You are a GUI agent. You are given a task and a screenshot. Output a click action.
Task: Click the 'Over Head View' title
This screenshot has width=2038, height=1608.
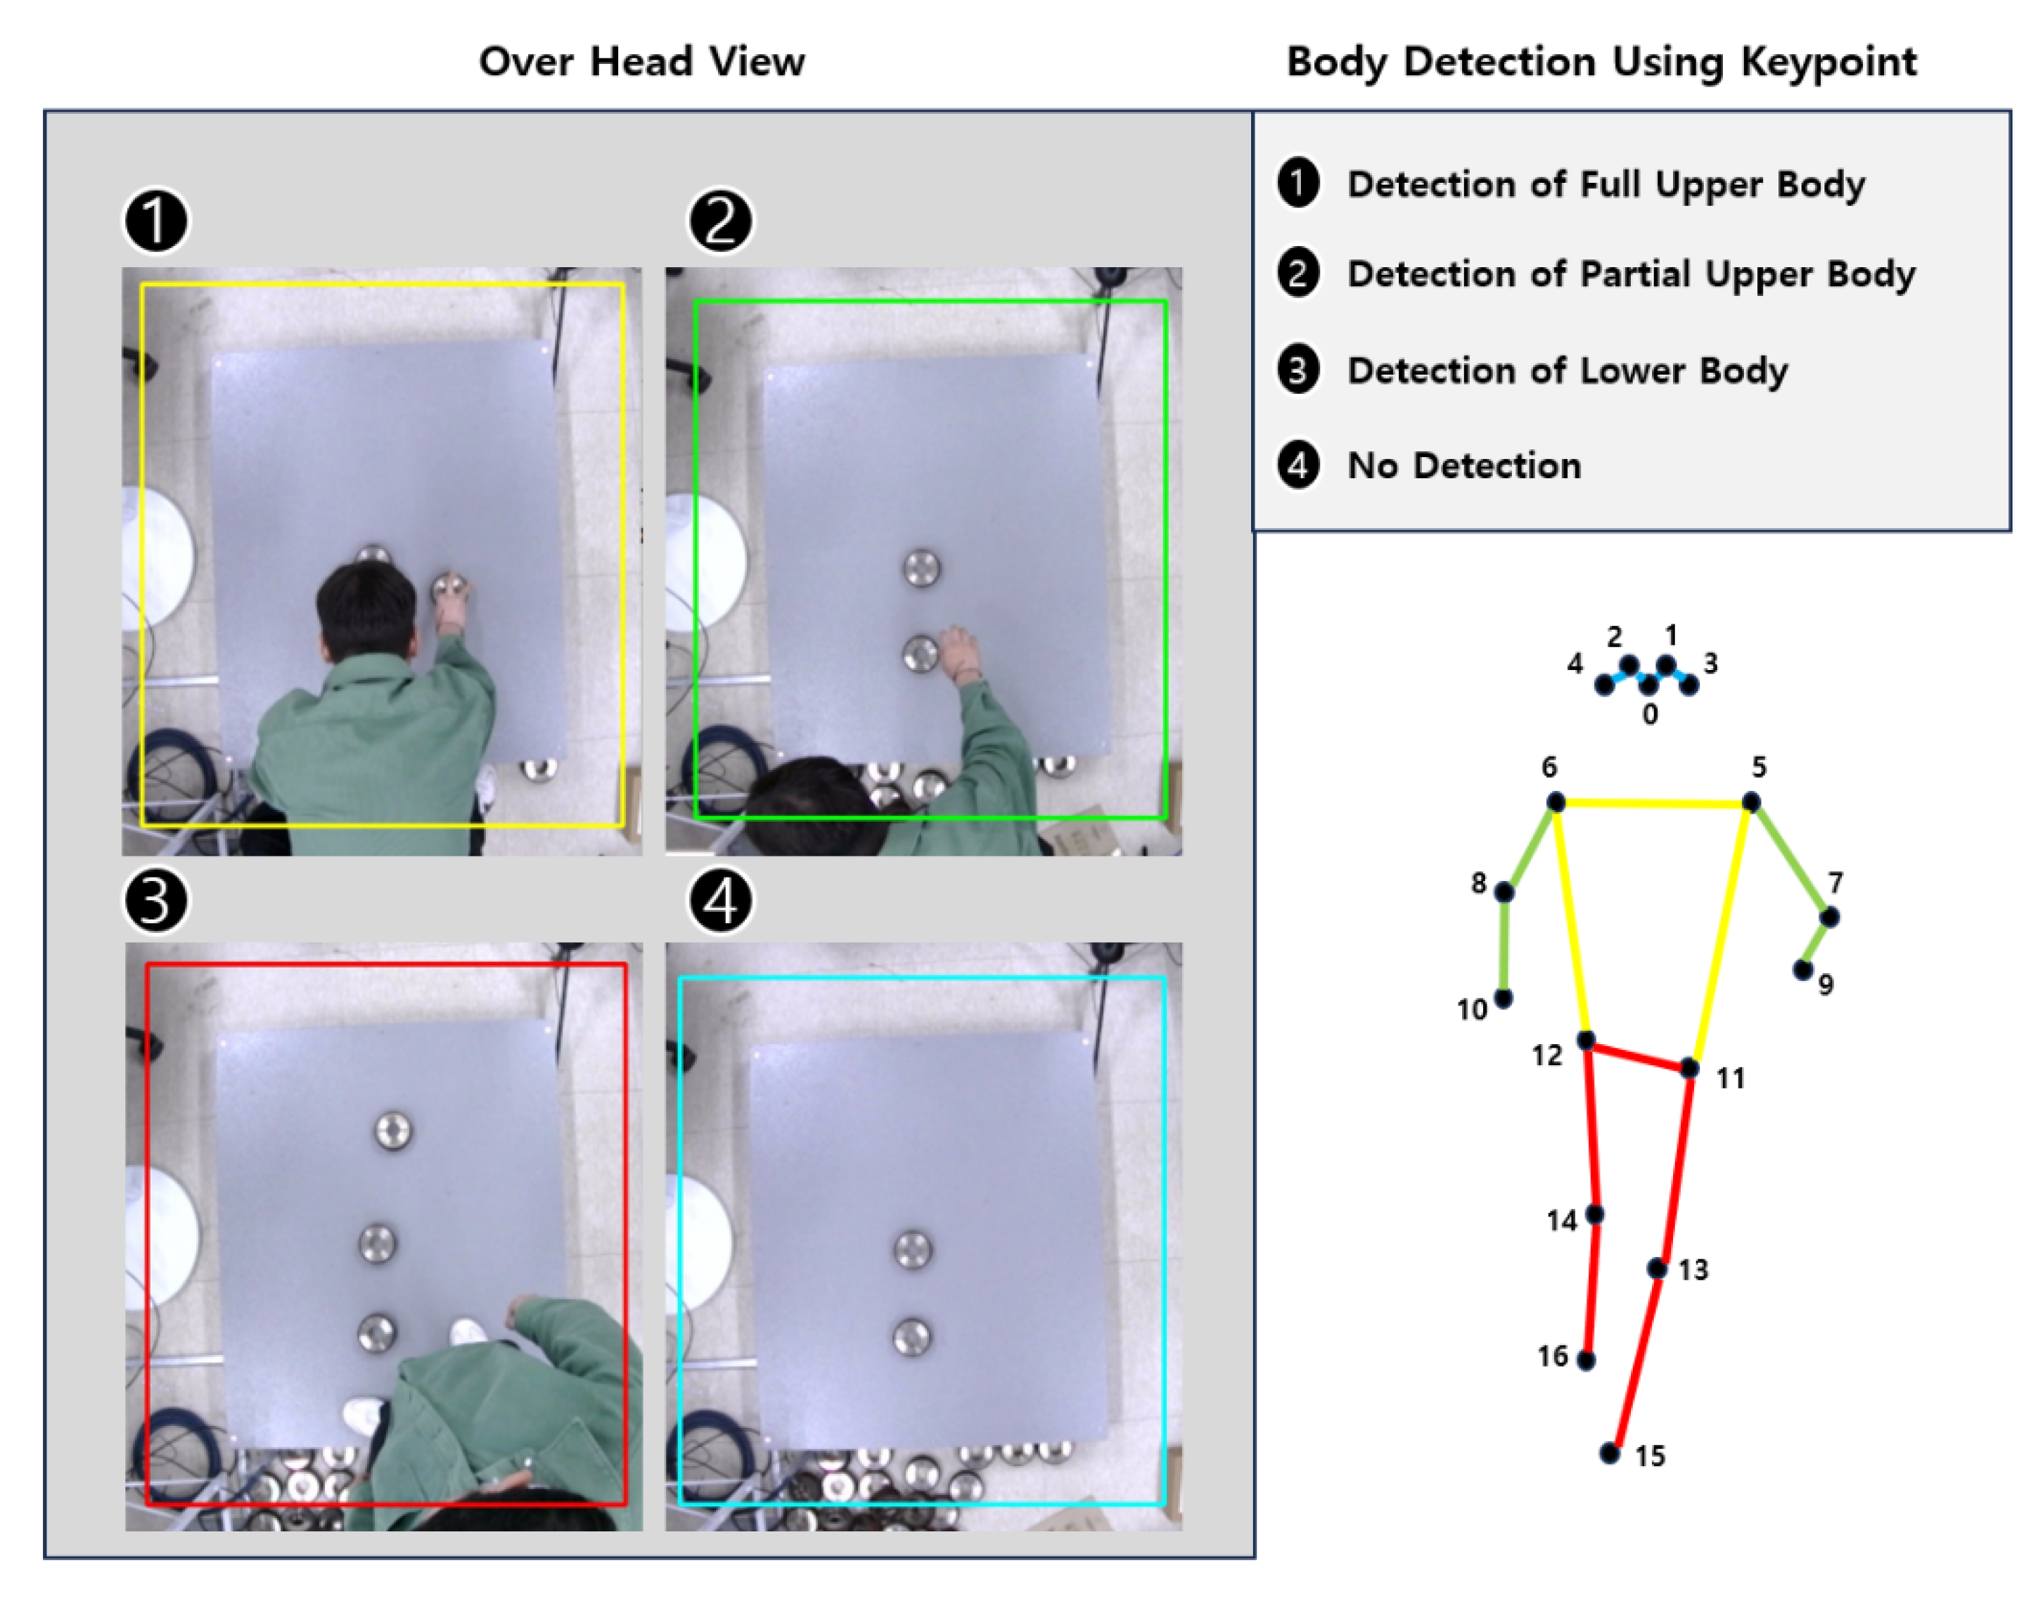pos(641,62)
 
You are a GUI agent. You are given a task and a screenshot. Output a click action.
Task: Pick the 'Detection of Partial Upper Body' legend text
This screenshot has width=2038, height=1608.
pos(1630,274)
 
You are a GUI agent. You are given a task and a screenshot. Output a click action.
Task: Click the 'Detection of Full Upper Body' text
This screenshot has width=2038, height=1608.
pos(1606,184)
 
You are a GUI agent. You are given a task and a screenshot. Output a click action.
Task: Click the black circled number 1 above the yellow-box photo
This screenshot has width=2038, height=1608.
pos(156,222)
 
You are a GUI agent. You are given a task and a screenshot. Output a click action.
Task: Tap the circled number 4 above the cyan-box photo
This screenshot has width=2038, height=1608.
pos(720,901)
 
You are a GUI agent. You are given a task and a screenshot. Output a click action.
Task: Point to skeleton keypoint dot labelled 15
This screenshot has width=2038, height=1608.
pos(1610,1453)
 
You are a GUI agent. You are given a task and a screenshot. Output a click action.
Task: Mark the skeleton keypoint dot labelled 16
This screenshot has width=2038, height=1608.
pos(1586,1360)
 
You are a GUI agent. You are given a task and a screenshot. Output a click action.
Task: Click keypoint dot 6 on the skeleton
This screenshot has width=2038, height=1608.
pos(1556,802)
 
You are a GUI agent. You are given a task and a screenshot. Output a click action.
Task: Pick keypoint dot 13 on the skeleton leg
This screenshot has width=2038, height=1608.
pos(1657,1268)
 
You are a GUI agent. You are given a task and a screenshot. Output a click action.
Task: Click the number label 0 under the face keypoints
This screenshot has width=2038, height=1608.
pos(1650,714)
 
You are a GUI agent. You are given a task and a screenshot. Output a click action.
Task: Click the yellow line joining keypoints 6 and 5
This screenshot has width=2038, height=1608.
pos(1653,803)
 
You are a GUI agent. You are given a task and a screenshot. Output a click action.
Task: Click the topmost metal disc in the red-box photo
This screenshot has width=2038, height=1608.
pos(392,1131)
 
